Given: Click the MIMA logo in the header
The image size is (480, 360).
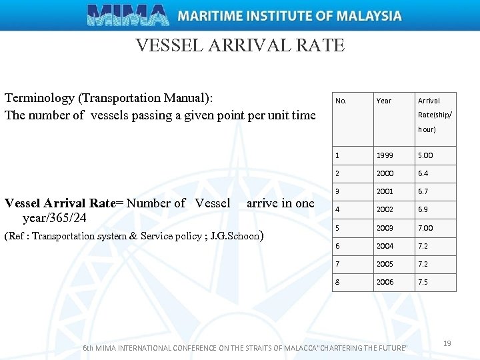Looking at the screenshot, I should [128, 15].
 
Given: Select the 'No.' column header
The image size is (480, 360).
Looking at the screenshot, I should [341, 101].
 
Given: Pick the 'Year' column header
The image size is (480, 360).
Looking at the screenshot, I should [383, 101].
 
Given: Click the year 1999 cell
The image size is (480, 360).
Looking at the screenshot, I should [385, 155].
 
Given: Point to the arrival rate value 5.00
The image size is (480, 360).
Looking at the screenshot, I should [425, 155].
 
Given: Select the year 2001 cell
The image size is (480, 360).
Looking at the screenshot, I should [385, 191].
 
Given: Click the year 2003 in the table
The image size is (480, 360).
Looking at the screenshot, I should [385, 228].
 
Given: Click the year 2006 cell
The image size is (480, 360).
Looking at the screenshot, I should [385, 282].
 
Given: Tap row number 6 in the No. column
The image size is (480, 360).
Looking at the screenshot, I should [337, 246].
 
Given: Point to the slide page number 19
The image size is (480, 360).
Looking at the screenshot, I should [447, 343].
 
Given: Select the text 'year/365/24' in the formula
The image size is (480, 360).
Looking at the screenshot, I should [54, 217].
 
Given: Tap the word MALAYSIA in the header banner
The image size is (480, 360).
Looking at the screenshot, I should [369, 15].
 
